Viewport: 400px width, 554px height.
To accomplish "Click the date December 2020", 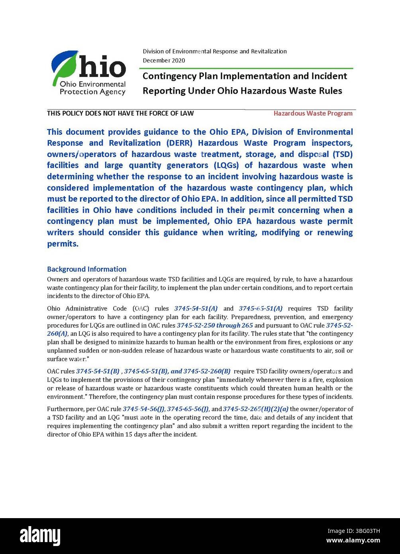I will click(164, 61).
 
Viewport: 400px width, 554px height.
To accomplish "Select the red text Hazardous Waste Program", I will click(313, 113).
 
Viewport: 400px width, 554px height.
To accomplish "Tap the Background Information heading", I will click(86, 269).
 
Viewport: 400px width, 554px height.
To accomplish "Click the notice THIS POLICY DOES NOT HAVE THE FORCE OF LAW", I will click(120, 113).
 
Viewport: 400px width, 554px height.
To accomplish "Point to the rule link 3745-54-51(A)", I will click(196, 308).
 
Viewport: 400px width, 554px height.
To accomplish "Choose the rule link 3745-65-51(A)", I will click(261, 308).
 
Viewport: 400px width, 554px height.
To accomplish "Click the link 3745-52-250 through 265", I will click(215, 325).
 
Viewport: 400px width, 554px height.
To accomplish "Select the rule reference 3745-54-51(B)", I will click(98, 371).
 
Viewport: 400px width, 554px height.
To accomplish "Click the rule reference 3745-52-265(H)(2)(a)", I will click(255, 409).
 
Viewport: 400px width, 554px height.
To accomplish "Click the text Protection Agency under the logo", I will click(92, 92).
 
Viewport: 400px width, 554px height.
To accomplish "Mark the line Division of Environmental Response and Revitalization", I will click(215, 51).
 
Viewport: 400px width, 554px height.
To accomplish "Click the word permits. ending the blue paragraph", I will click(63, 244).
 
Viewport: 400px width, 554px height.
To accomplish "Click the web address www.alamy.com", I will click(354, 540).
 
